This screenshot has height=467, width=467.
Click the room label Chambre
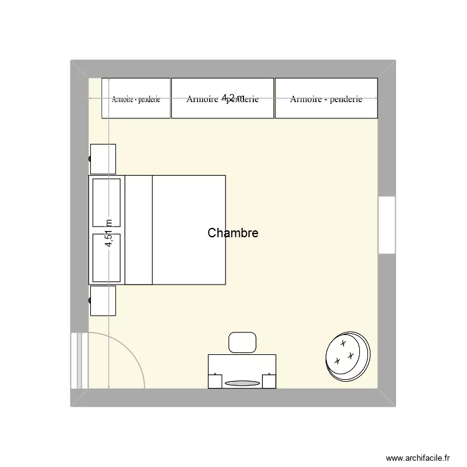tap(233, 233)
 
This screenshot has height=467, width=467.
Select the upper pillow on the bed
tap(106, 202)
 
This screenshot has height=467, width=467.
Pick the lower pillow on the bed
tap(106, 257)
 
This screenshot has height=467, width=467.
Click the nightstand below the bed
tap(103, 301)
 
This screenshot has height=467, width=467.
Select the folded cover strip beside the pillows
tap(138, 230)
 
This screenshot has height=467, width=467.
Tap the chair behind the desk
tap(243, 342)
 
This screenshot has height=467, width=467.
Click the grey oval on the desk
tap(242, 383)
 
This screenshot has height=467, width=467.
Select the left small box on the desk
tap(215, 380)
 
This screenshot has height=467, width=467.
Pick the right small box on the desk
tap(270, 380)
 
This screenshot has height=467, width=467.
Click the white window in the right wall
tap(387, 225)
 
